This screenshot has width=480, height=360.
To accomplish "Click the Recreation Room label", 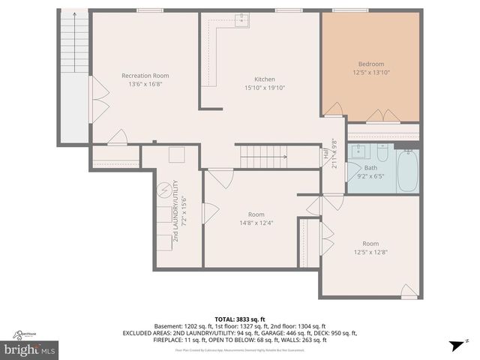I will [145, 75].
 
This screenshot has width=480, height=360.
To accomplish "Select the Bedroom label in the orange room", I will [370, 64].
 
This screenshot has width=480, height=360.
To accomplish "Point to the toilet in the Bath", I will [382, 155].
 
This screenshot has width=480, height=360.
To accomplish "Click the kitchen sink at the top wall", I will [241, 20].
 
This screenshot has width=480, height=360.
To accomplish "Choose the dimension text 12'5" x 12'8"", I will [370, 253].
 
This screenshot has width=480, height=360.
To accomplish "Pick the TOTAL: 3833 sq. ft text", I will [239, 318].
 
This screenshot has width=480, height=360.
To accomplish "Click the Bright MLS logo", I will [30, 349].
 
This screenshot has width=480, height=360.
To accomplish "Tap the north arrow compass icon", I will [453, 345].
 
